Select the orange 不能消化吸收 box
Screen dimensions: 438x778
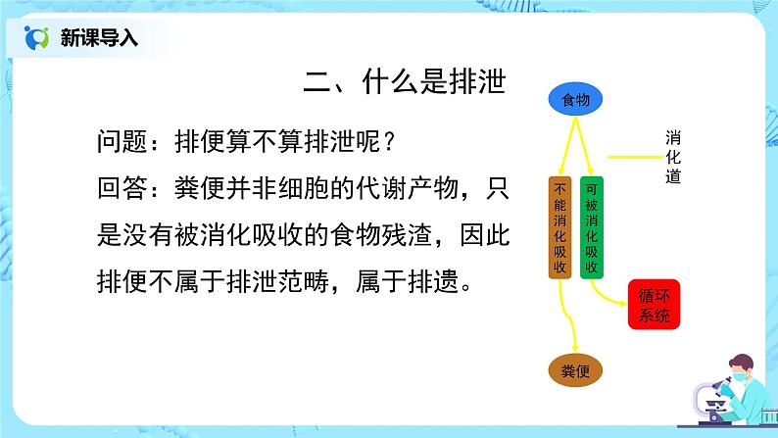[x=559, y=227]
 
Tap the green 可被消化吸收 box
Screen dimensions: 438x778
[x=592, y=227]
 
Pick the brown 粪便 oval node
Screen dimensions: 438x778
[x=574, y=369]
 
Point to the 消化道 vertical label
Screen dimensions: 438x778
[x=673, y=157]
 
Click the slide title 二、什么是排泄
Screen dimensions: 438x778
[x=403, y=82]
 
